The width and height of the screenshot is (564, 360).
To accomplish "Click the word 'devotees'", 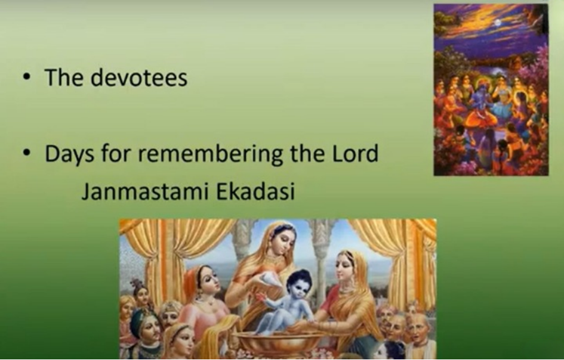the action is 139,77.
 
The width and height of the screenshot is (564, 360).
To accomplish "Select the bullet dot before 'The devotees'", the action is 26,77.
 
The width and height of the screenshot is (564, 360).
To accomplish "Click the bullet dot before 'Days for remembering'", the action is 26,153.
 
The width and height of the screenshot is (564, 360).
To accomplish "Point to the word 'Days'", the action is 69,154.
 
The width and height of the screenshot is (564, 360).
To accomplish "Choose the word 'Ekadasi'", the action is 255,191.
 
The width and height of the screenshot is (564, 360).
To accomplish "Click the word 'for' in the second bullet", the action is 116,153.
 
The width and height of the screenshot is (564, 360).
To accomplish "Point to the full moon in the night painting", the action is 497,22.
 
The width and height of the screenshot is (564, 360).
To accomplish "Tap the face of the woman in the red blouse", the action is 345,267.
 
